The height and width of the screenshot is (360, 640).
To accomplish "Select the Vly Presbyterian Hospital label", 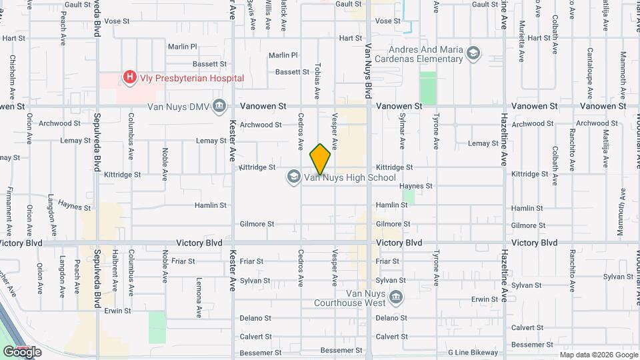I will (191, 79).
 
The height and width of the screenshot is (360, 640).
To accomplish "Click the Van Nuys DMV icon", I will (219, 106).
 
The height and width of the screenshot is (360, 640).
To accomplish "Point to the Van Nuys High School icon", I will (293, 177).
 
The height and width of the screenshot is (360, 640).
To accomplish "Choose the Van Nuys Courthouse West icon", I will (397, 297).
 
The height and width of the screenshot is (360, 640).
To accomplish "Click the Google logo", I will (22, 352).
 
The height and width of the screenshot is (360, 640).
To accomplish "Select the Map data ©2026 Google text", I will (598, 355).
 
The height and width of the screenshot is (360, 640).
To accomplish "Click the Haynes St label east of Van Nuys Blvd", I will (417, 186).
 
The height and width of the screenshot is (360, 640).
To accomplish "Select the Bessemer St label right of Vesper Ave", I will (341, 350).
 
